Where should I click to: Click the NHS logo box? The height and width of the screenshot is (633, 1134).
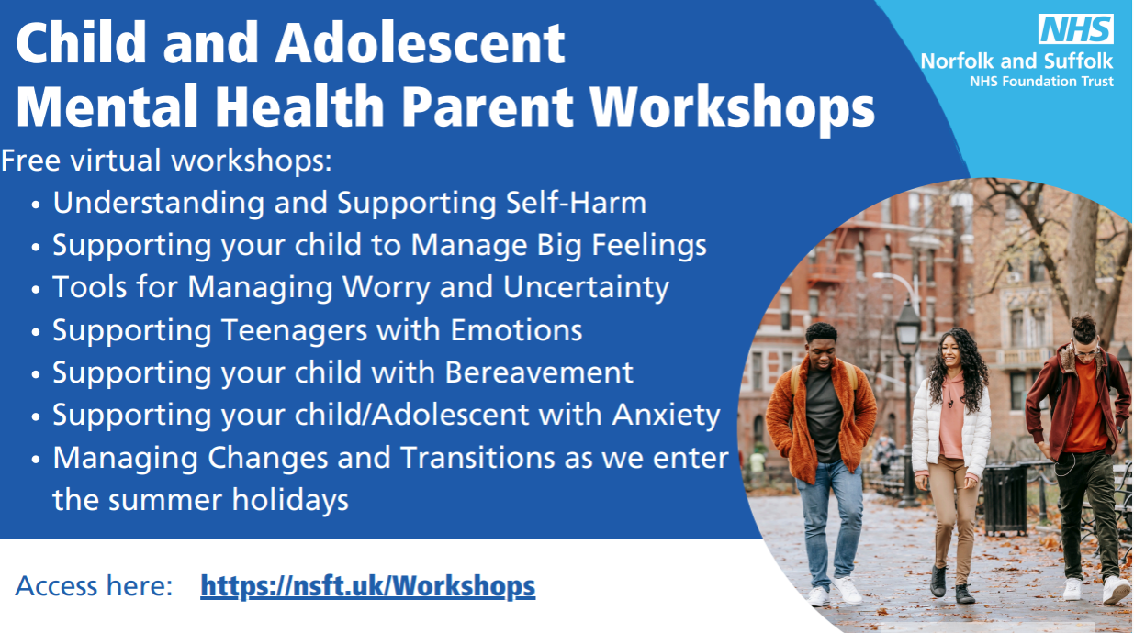coord(1076,28)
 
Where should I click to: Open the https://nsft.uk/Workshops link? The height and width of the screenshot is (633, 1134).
coord(368,586)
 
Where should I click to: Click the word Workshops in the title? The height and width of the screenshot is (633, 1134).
coord(732,107)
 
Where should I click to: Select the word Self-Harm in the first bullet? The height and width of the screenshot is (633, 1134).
coord(577,203)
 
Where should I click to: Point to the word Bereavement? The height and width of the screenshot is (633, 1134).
coord(539,372)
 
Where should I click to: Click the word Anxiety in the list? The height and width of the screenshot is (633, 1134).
coord(667,416)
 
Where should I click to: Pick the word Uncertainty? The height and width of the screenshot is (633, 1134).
coord(586,288)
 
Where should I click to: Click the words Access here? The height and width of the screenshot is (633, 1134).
coord(95,586)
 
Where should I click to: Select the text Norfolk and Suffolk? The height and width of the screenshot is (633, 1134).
coord(1016,61)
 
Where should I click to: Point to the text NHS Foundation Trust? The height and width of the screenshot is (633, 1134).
coord(1041,81)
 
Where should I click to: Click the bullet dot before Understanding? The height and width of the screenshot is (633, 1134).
coord(36,205)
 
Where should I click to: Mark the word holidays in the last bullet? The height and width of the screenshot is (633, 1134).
coord(290,501)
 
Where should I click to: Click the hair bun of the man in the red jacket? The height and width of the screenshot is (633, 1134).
coord(1083,323)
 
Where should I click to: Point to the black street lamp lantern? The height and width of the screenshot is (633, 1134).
coord(908,328)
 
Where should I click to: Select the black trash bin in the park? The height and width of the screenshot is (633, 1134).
coord(1005,499)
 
